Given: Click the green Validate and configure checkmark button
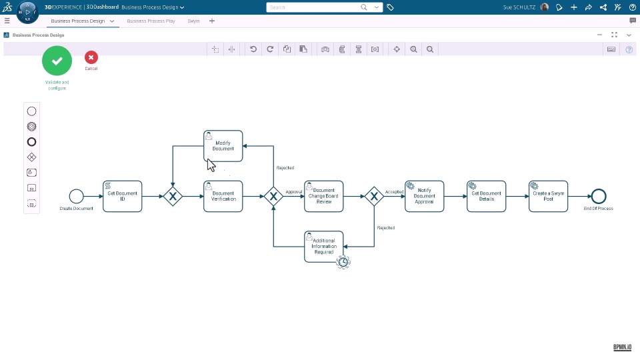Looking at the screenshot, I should (57, 61).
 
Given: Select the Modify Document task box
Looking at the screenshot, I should (223, 146).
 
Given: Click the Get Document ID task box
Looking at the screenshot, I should (123, 196).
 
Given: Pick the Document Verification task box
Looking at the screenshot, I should (223, 196).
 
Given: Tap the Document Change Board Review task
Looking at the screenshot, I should (324, 196).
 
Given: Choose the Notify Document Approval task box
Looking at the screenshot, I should (424, 196).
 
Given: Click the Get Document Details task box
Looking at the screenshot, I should (486, 196).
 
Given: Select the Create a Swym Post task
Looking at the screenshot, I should (548, 196).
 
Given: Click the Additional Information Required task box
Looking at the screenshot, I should (324, 246).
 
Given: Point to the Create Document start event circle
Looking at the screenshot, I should (76, 196).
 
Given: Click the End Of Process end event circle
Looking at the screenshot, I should (599, 196).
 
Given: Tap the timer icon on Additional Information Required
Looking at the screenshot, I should (343, 262).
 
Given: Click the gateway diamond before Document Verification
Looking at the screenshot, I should (173, 196).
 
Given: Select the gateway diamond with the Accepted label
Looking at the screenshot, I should (374, 196).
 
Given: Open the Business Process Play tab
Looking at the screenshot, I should (151, 21).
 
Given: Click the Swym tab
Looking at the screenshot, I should (193, 21).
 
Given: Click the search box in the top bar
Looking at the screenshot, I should (313, 7).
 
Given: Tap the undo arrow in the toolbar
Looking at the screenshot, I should (253, 49).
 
